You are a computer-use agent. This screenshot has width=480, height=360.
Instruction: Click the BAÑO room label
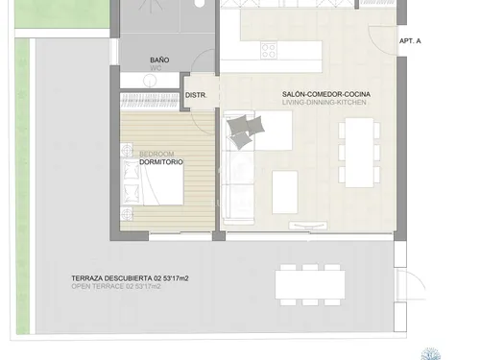[159, 60]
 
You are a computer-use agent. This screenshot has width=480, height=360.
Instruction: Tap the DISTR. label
[196, 95]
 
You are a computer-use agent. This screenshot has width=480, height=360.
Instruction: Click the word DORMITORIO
[160, 162]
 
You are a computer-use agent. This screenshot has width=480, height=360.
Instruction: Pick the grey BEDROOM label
[156, 154]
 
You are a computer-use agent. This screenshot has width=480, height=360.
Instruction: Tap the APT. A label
[412, 41]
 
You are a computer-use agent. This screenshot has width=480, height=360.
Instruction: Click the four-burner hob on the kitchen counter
[269, 51]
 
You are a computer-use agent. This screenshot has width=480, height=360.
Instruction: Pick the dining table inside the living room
[359, 152]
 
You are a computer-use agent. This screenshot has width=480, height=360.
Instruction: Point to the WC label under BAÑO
[159, 69]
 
